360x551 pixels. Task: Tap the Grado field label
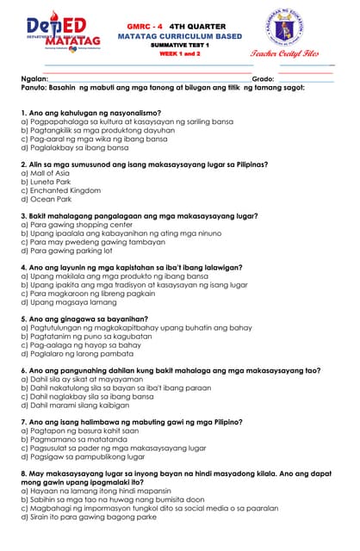[x=263, y=78]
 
